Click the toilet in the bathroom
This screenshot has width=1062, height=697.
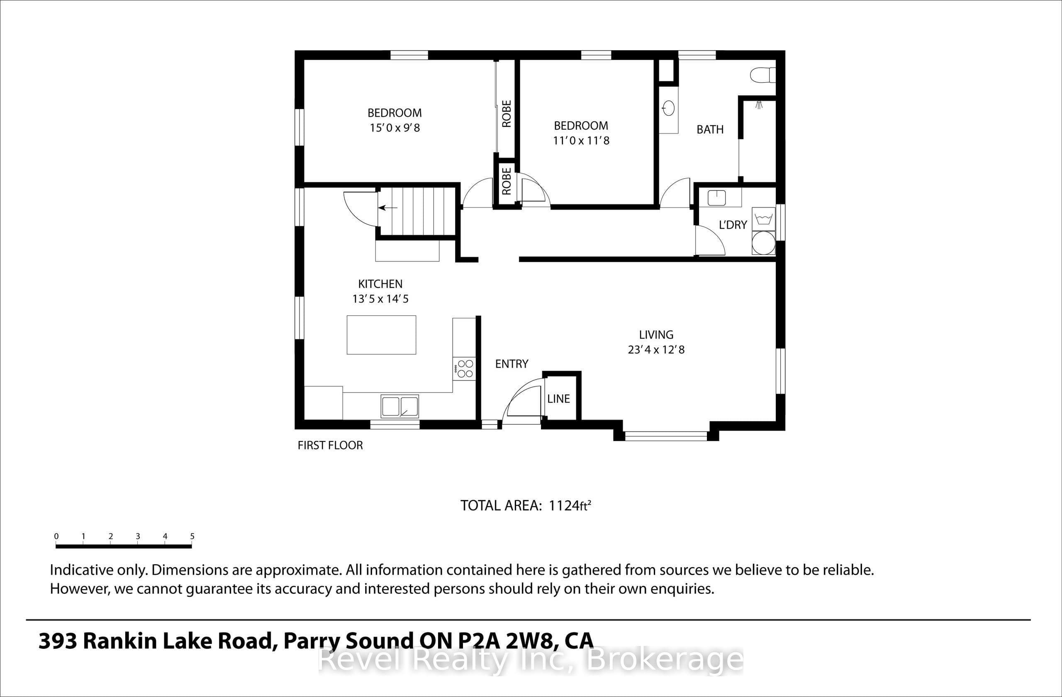pyautogui.click(x=762, y=75)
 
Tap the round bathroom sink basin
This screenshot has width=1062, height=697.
pyautogui.click(x=668, y=108)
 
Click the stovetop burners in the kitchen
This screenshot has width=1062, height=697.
pyautogui.click(x=465, y=368)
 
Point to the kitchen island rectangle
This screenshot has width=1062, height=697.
pyautogui.click(x=382, y=335)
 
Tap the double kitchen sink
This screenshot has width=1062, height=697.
pyautogui.click(x=400, y=406)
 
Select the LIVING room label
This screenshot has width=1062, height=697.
pyautogui.click(x=656, y=335)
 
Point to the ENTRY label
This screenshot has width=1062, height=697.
pyautogui.click(x=512, y=364)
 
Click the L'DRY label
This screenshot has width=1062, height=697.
pyautogui.click(x=733, y=225)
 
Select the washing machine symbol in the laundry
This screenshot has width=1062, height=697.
pyautogui.click(x=763, y=219)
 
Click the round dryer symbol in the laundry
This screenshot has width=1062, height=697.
pyautogui.click(x=763, y=243)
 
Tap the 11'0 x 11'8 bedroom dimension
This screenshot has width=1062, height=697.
pyautogui.click(x=581, y=141)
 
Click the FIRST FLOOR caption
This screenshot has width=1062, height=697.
pyautogui.click(x=330, y=445)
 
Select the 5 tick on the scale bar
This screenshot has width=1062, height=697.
pyautogui.click(x=192, y=536)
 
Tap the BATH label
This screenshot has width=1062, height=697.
pyautogui.click(x=710, y=129)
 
